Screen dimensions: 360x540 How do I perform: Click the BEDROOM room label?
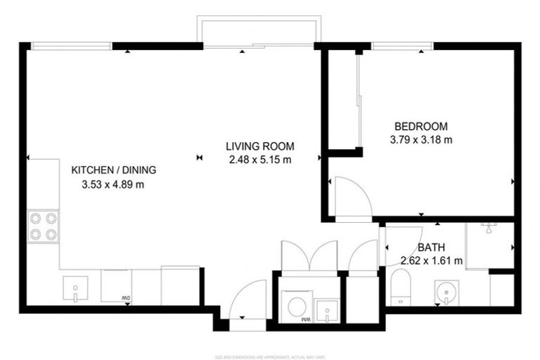click(x=420, y=127)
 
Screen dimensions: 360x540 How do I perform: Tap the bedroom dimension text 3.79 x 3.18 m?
click(x=420, y=139)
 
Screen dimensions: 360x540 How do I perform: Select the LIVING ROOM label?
click(x=259, y=147)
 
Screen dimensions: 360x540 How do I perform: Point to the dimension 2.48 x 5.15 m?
click(x=259, y=160)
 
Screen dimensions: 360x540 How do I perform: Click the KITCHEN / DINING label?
click(x=113, y=170)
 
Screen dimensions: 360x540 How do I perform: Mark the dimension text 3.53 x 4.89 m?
click(x=113, y=185)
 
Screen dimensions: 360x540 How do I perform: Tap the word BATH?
click(x=430, y=247)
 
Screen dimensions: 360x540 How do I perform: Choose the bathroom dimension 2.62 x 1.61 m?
click(x=431, y=261)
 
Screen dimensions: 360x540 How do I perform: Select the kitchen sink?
click(x=75, y=288)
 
